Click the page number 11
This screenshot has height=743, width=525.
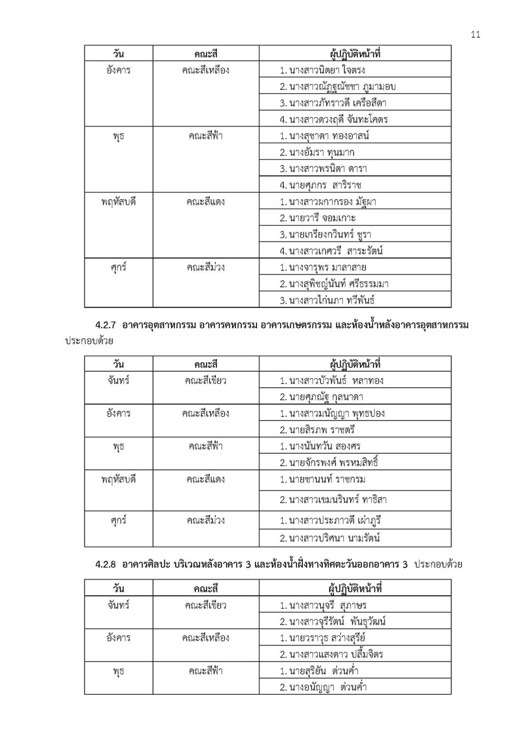(x=476, y=34)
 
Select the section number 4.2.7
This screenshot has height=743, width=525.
(x=106, y=325)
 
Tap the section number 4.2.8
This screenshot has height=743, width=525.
(x=106, y=564)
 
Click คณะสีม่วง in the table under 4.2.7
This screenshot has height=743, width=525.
(x=206, y=521)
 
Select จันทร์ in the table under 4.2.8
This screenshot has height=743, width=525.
(x=118, y=605)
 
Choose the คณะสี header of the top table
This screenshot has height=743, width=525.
(x=206, y=54)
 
